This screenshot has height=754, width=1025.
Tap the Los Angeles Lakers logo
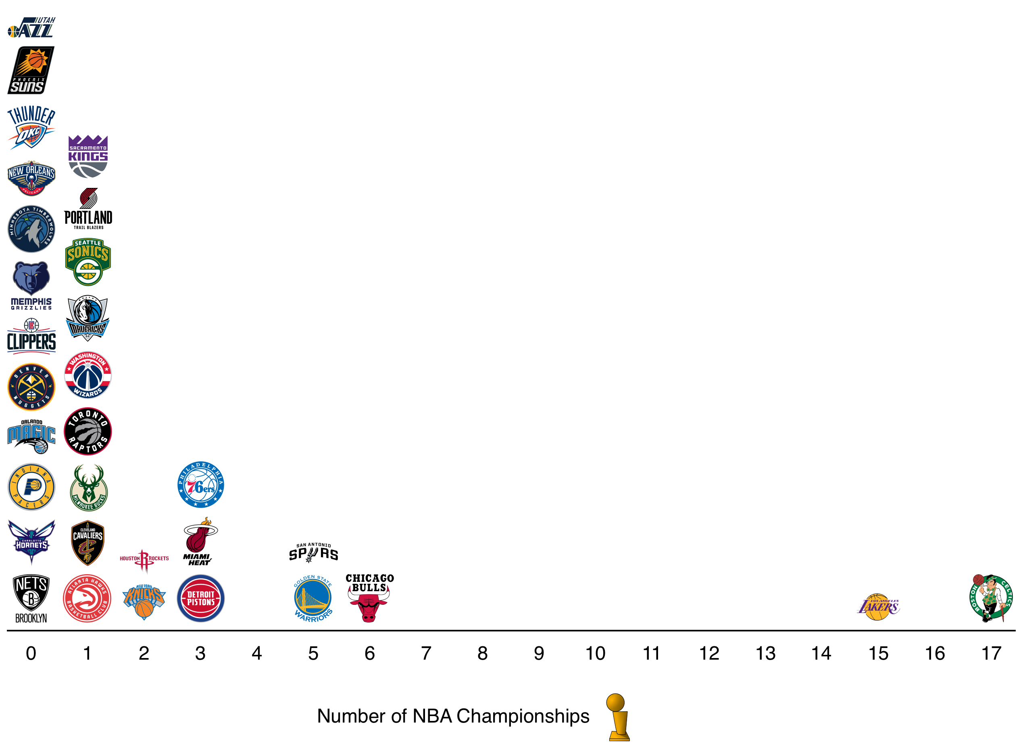pyautogui.click(x=878, y=606)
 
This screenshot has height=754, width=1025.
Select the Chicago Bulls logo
pyautogui.click(x=369, y=598)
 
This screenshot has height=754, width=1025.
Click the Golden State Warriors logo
pyautogui.click(x=313, y=598)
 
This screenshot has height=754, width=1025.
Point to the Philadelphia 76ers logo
pyautogui.click(x=200, y=485)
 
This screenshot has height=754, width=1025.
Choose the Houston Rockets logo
pyautogui.click(x=144, y=560)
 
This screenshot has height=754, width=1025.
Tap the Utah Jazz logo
pyautogui.click(x=31, y=27)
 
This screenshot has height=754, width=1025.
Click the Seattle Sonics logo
pyautogui.click(x=87, y=262)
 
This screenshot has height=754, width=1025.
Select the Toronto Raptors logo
pyautogui.click(x=87, y=431)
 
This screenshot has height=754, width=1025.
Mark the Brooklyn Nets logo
pyautogui.click(x=31, y=598)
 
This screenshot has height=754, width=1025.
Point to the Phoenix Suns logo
pyautogui.click(x=31, y=70)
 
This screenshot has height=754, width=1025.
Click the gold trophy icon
pyautogui.click(x=618, y=717)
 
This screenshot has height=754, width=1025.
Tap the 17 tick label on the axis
pyautogui.click(x=991, y=654)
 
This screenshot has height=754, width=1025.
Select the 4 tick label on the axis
pyautogui.click(x=256, y=654)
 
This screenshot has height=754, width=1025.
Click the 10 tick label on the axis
pyautogui.click(x=595, y=654)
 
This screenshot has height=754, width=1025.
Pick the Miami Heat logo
pyautogui.click(x=200, y=542)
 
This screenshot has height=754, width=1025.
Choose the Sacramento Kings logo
pyautogui.click(x=87, y=156)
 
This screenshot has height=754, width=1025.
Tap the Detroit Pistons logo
pyautogui.click(x=200, y=598)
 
